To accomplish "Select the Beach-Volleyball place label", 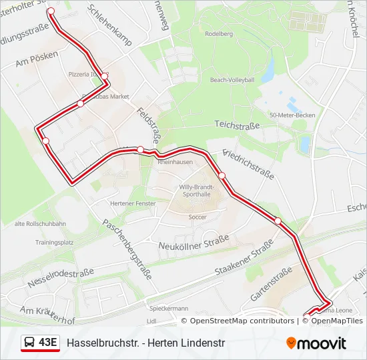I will coord(232,80).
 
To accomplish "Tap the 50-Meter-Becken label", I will coord(292,115).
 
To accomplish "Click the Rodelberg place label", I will coord(219,33).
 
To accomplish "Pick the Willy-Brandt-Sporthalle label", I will coord(196,191).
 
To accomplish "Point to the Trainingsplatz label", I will coord(54,243).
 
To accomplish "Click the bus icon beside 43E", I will coord(29,343).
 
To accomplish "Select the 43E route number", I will coord(48,343).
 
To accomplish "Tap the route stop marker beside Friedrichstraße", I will coord(222,175).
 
